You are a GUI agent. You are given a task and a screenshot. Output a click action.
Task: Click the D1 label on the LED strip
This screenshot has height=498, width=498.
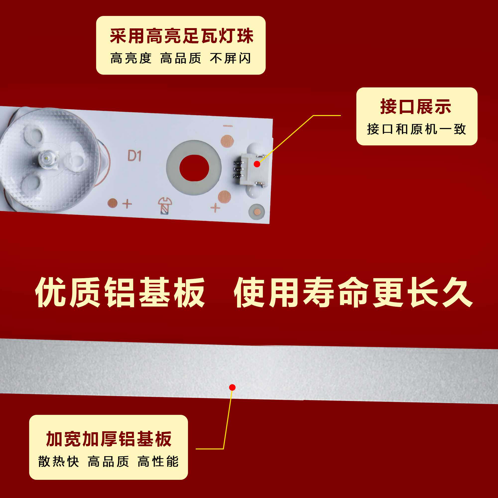[134, 156]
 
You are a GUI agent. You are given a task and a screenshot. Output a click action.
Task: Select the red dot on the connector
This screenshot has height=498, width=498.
[257, 164]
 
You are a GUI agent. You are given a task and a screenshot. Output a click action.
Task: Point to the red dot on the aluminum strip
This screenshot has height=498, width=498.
[232, 387]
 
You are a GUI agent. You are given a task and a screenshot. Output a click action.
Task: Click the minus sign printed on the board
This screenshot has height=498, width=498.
[228, 126]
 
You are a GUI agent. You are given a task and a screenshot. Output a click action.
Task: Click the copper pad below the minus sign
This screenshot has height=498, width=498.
[227, 141]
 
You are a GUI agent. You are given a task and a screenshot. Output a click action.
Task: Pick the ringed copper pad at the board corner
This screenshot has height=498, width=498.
[256, 212]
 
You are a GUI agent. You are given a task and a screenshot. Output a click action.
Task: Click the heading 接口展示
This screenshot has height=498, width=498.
[415, 107]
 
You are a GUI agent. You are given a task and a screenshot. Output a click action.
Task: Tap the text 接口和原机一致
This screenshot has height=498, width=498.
[416, 129]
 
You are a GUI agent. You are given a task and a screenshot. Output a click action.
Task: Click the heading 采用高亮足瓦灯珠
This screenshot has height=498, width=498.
[182, 36]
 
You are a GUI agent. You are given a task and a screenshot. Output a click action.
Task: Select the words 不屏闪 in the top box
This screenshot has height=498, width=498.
[230, 58]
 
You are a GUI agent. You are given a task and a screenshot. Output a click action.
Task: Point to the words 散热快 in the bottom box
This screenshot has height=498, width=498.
[59, 461]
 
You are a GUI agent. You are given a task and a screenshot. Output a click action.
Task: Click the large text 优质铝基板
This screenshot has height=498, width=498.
[120, 293]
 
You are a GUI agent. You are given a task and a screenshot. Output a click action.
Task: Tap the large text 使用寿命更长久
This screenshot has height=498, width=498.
[353, 293]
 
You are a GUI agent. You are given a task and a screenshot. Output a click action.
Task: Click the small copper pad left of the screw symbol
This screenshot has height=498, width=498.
[112, 203]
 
